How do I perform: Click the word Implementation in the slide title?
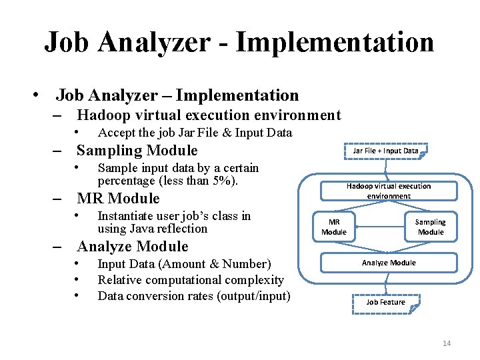[x=335, y=42]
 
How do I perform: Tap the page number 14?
[x=446, y=343]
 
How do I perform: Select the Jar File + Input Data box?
[x=385, y=151]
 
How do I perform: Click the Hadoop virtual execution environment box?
[x=389, y=191]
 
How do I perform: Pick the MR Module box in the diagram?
[x=334, y=227]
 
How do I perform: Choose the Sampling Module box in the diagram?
[x=430, y=227]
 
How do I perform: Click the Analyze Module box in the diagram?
[x=389, y=263]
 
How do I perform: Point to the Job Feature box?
[x=385, y=302]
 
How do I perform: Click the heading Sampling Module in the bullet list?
[x=137, y=151]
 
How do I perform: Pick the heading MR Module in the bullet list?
[x=118, y=199]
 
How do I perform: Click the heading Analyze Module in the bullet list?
[x=133, y=247]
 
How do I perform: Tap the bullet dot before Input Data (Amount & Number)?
[x=78, y=264]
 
